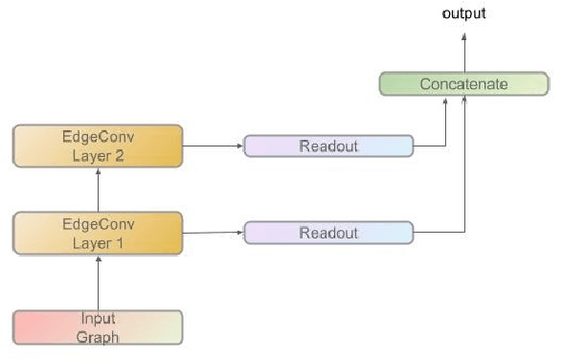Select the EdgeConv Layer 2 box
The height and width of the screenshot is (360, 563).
(x=98, y=146)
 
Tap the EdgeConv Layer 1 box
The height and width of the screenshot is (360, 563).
(x=98, y=233)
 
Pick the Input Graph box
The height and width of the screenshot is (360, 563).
(x=98, y=327)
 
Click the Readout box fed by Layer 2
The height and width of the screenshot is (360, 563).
(x=328, y=146)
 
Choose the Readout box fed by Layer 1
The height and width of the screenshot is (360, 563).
(x=328, y=233)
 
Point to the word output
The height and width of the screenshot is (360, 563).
(x=463, y=13)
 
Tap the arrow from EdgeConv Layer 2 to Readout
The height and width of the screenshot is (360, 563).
(x=213, y=146)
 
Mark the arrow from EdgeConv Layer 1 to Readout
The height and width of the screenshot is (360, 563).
(x=213, y=233)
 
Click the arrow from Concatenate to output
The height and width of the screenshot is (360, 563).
(x=464, y=53)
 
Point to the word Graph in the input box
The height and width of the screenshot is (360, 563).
(x=98, y=336)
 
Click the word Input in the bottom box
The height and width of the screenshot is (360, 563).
(x=98, y=320)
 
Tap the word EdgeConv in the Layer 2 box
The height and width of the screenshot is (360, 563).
(x=98, y=137)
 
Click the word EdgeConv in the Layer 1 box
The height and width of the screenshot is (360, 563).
(x=98, y=224)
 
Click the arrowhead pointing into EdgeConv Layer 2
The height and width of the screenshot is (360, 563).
(x=99, y=171)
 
